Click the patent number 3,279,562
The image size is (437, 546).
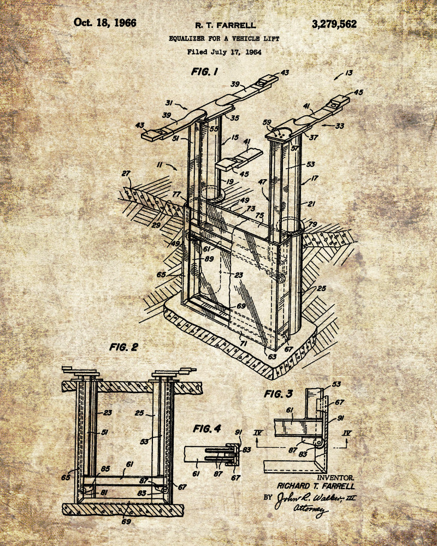(334, 24)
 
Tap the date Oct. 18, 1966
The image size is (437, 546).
(105, 23)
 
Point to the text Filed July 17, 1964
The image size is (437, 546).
(225, 52)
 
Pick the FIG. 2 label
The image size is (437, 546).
(125, 347)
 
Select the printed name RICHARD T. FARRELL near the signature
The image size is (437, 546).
(316, 485)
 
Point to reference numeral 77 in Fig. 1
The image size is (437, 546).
(176, 194)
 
